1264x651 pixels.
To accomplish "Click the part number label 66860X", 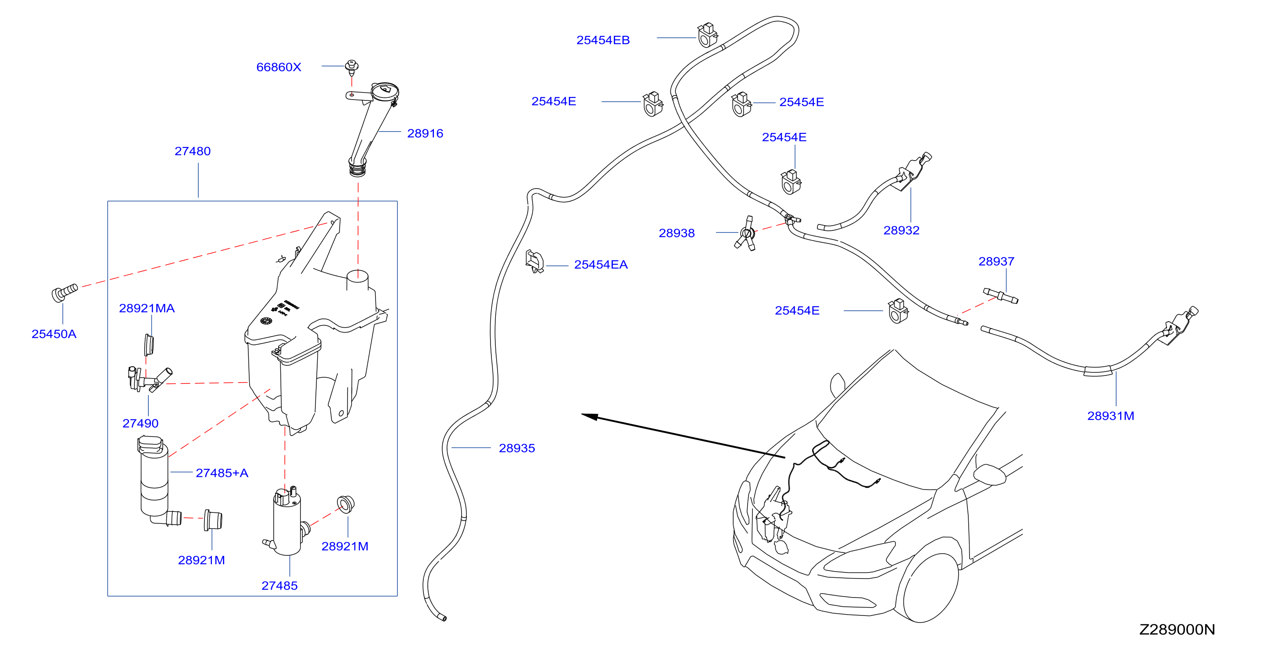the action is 279,67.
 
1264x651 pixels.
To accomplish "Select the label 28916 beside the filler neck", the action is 425,133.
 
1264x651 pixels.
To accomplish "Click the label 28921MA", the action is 147,308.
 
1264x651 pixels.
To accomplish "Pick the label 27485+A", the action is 222,473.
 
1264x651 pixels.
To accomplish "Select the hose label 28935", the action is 517,448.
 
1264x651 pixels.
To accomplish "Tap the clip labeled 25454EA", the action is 534,261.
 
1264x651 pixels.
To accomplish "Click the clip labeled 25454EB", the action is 708,35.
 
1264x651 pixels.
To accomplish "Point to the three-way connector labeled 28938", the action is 746,233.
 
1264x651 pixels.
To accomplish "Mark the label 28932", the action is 902,230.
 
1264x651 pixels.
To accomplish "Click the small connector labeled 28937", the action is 1000,296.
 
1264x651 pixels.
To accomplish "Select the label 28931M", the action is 1110,416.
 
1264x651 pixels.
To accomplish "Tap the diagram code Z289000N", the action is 1177,630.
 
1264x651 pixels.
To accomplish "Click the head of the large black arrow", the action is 589,416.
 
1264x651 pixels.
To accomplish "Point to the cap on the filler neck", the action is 385,91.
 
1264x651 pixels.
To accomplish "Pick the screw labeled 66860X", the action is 351,67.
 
